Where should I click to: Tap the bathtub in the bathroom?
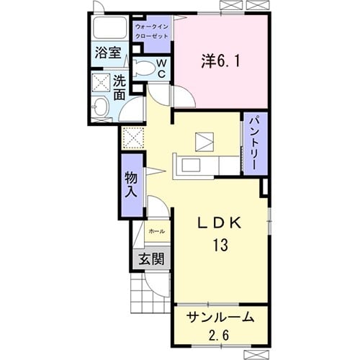(110, 30)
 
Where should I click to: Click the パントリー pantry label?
(253, 143)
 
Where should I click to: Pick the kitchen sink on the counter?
(193, 165)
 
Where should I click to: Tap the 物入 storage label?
(130, 184)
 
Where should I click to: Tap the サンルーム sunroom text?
(219, 317)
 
